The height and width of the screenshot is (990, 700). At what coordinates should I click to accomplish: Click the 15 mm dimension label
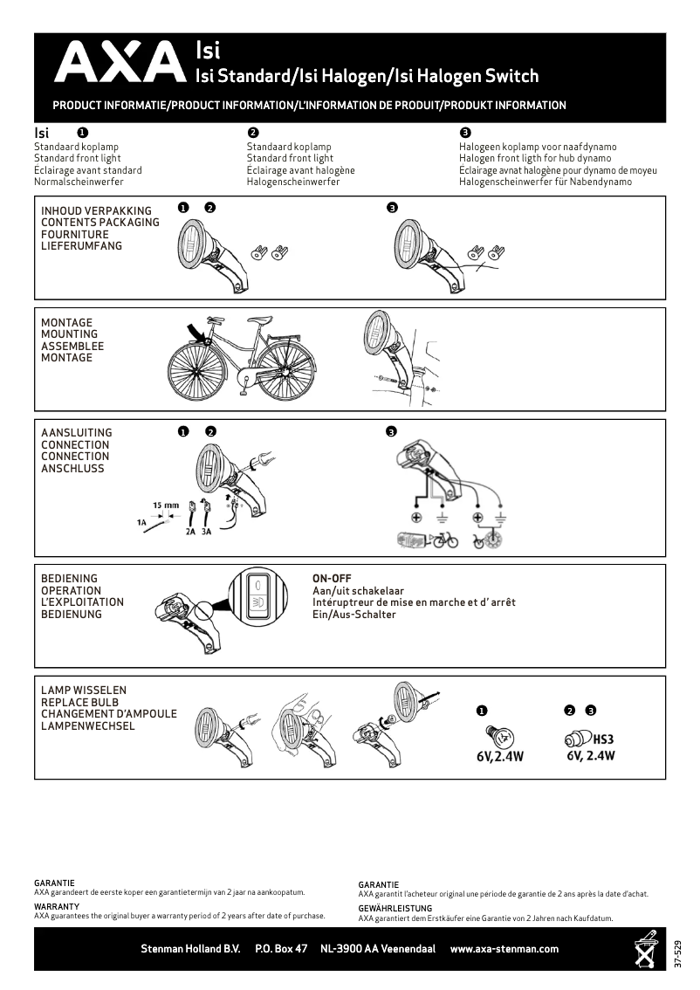pyautogui.click(x=166, y=505)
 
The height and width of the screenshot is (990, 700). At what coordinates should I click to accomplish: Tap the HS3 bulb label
pyautogui.click(x=603, y=739)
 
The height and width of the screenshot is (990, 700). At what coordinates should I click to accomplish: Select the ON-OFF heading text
pyautogui.click(x=332, y=578)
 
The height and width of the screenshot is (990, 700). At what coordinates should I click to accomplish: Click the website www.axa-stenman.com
pyautogui.click(x=504, y=949)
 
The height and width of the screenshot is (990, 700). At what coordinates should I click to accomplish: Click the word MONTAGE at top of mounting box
pyautogui.click(x=66, y=322)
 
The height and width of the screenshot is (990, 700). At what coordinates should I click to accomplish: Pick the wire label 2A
pyautogui.click(x=189, y=531)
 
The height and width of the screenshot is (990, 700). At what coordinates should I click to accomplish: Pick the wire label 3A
pyautogui.click(x=206, y=531)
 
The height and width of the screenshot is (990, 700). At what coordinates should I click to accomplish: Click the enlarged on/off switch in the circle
pyautogui.click(x=258, y=595)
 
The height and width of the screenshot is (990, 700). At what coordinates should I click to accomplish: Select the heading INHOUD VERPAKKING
pyautogui.click(x=96, y=210)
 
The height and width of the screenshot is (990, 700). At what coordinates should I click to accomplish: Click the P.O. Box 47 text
pyautogui.click(x=281, y=949)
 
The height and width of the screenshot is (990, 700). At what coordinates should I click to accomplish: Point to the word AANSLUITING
pyautogui.click(x=77, y=432)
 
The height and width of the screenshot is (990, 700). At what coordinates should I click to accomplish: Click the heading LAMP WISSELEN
pyautogui.click(x=84, y=690)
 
